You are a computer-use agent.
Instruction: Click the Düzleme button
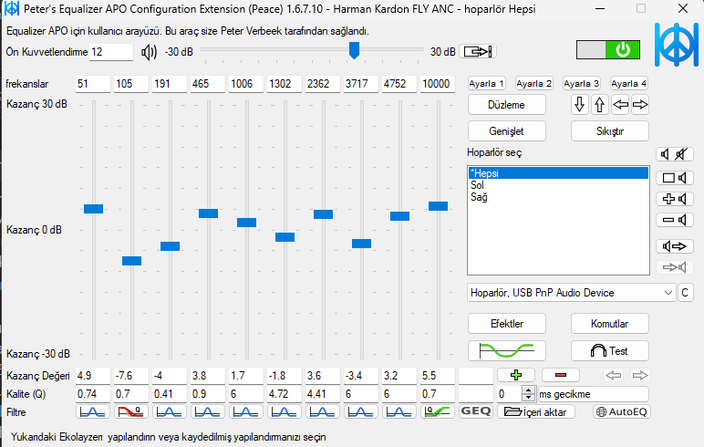click(x=508, y=104)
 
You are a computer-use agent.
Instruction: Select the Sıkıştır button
click(x=609, y=130)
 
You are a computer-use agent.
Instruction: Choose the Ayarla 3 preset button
click(x=581, y=83)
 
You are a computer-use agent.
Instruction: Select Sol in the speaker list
click(x=477, y=184)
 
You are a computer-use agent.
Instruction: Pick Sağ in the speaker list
click(x=478, y=196)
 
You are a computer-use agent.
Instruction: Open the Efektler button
click(x=507, y=324)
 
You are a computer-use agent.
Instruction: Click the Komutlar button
click(x=609, y=324)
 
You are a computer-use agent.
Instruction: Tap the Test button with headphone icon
click(x=609, y=350)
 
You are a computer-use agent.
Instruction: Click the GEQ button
click(x=475, y=411)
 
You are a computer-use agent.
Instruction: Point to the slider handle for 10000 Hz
click(x=438, y=206)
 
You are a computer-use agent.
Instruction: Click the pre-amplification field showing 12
click(x=110, y=52)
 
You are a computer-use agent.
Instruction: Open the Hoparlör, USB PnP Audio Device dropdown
click(x=571, y=293)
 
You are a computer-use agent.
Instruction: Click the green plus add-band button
click(x=515, y=375)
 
